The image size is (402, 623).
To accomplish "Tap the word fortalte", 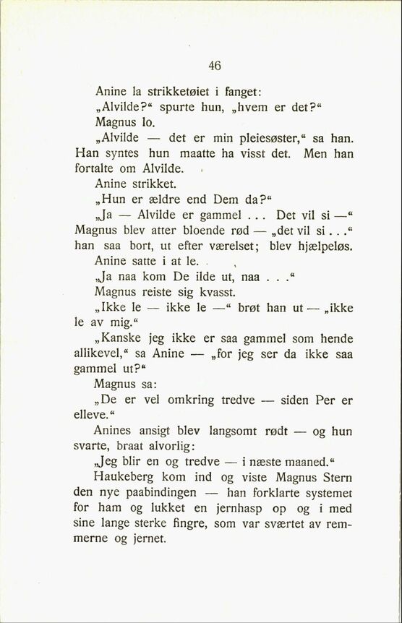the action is (97, 169).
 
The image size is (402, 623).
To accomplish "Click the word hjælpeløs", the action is (320, 246).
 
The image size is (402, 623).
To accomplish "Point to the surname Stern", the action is (335, 478).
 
